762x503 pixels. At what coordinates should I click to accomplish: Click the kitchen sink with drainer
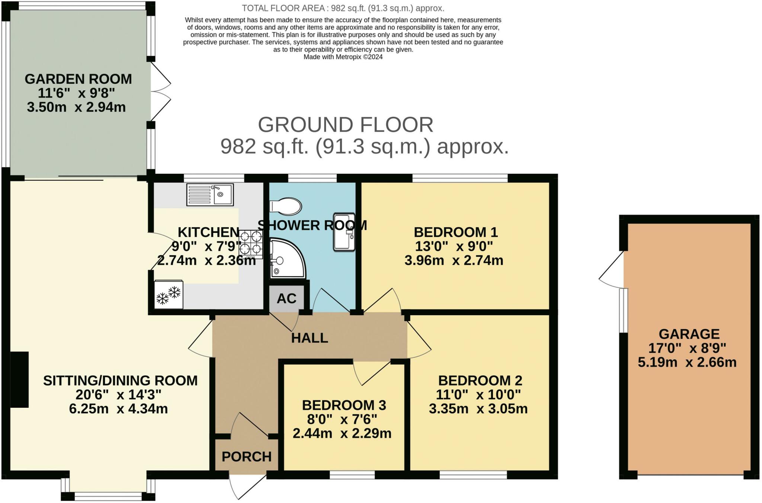tap(210, 195)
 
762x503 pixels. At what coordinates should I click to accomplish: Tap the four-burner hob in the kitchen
tap(251, 244)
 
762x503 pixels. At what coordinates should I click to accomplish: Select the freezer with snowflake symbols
tap(169, 294)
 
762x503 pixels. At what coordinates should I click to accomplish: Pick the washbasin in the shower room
tap(344, 232)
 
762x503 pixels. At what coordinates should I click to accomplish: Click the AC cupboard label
tap(286, 298)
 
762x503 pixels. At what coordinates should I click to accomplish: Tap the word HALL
tap(310, 338)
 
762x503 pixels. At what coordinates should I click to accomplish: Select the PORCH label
tap(247, 457)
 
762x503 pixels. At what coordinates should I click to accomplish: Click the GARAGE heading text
tap(689, 334)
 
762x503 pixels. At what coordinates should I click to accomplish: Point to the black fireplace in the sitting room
tap(19, 379)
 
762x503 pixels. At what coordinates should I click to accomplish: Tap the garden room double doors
tap(161, 91)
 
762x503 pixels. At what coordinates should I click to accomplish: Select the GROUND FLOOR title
tap(346, 125)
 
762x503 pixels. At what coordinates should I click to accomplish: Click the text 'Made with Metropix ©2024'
tap(343, 57)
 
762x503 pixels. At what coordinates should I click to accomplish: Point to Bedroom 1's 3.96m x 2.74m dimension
tap(454, 260)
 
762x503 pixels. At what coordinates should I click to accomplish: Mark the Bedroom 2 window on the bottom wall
tap(473, 475)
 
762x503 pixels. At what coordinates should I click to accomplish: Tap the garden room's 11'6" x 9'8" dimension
tap(76, 93)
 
